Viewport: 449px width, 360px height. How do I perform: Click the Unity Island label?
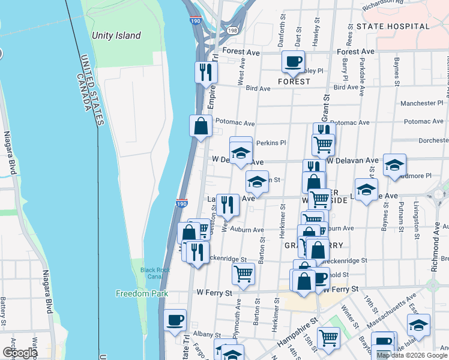pos(116,35)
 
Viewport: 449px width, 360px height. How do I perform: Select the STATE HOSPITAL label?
pos(401,26)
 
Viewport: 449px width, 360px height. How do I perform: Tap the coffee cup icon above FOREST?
pos(293,61)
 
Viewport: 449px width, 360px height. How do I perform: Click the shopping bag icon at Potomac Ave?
pos(200,126)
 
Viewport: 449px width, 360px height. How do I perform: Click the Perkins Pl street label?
pos(271,143)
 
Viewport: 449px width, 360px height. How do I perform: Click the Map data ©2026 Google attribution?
pos(412,355)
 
